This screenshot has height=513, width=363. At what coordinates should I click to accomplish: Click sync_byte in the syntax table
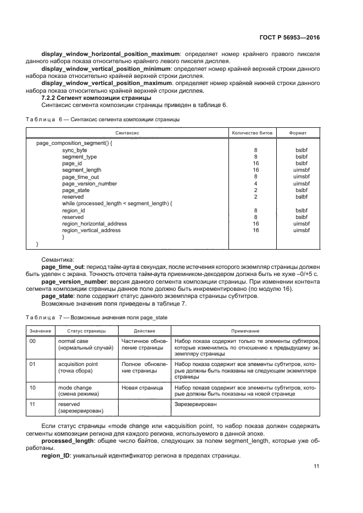pos(74,150)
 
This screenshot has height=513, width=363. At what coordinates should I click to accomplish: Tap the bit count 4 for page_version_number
pos(255,183)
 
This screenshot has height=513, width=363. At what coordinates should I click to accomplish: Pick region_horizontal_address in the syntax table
pos(94,224)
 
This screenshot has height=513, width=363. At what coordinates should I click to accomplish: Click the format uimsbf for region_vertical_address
pos(301,230)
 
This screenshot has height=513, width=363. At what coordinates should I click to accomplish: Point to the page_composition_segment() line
pos(74,143)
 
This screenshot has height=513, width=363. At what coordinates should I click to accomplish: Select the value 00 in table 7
pos(32,341)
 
